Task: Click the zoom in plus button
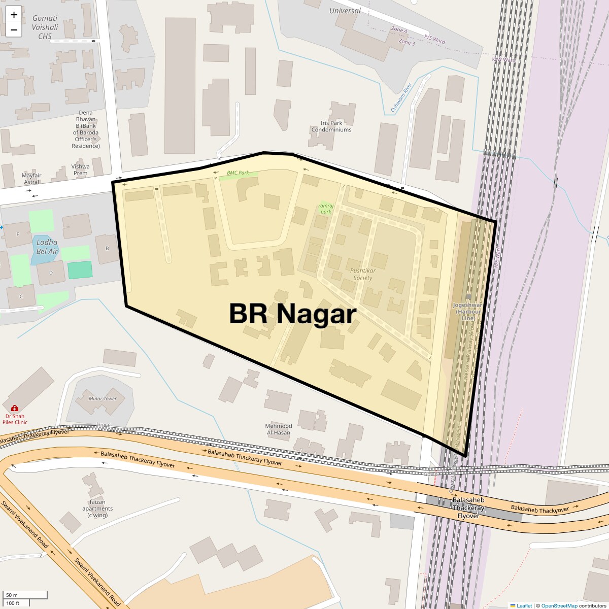pyautogui.click(x=14, y=15)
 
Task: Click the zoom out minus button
pyautogui.click(x=14, y=29)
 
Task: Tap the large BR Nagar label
pyautogui.click(x=293, y=314)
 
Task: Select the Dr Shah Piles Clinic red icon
pyautogui.click(x=14, y=408)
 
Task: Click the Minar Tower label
pyautogui.click(x=103, y=399)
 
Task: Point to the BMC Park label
pyautogui.click(x=238, y=173)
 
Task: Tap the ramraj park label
pyautogui.click(x=325, y=208)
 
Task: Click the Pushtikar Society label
pyautogui.click(x=362, y=274)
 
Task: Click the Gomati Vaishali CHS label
pyautogui.click(x=45, y=27)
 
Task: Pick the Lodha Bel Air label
pyautogui.click(x=47, y=247)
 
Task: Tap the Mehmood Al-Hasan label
pyautogui.click(x=278, y=429)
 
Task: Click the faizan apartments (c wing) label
pyautogui.click(x=97, y=509)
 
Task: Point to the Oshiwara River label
pyautogui.click(x=400, y=98)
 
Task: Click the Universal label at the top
pyautogui.click(x=345, y=11)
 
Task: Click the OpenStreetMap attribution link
pyautogui.click(x=559, y=605)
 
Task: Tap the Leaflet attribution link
pyautogui.click(x=524, y=605)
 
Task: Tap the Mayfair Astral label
pyautogui.click(x=31, y=179)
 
